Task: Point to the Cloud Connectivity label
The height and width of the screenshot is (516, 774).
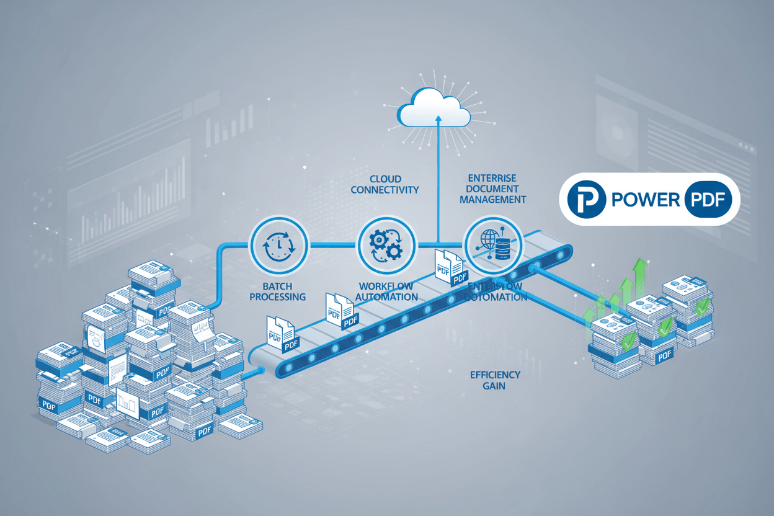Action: pos(385,184)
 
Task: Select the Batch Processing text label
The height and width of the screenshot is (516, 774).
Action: pos(277,291)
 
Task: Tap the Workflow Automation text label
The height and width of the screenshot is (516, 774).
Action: pos(388,291)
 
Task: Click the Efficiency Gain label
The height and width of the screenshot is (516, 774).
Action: pos(494,380)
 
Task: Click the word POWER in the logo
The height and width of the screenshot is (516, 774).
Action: pos(644,200)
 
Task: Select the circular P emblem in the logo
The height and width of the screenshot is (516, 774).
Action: pos(586,199)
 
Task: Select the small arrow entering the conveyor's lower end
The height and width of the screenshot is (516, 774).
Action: pos(258,372)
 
